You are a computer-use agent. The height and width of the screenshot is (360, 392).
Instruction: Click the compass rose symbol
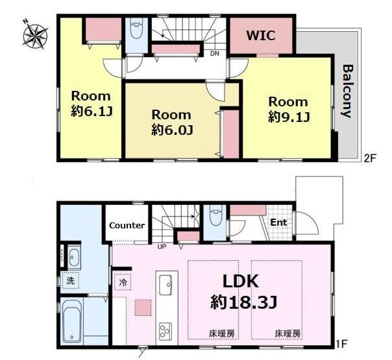[x=35, y=36]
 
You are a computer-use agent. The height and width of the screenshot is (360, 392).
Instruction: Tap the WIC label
[x=261, y=36]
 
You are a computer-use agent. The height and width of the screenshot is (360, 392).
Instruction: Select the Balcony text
[x=347, y=91]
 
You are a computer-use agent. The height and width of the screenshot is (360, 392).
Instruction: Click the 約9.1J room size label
[x=289, y=117]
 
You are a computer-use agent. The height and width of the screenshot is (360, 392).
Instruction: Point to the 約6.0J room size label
[x=172, y=130]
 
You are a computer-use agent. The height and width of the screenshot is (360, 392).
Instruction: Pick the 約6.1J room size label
[x=92, y=111]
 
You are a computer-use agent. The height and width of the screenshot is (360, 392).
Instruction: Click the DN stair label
[x=215, y=53]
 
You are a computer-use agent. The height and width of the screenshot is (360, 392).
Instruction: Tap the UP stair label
[x=162, y=247]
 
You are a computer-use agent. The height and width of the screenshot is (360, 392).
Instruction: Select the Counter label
[x=127, y=226]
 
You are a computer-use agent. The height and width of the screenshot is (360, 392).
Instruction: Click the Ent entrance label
[x=279, y=222]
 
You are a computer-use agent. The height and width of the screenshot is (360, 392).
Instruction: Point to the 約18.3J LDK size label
[x=243, y=302]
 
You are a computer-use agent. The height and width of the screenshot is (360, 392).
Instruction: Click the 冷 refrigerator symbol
[x=123, y=283]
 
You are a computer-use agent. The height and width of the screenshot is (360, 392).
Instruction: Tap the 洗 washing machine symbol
[x=70, y=281]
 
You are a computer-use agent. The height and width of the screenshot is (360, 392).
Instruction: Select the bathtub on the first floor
[x=72, y=321]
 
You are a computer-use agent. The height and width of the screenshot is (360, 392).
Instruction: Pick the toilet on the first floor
[x=216, y=215]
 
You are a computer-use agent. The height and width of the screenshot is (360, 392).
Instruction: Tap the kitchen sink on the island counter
[x=165, y=285]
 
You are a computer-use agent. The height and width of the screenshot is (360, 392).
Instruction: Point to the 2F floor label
[x=370, y=159]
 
